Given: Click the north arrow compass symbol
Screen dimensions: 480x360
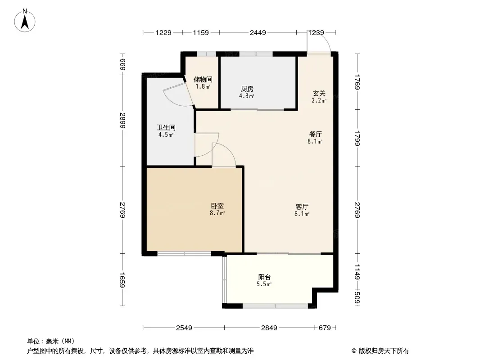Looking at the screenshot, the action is (x=25, y=21).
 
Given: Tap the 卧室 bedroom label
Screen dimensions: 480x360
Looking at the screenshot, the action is (x=217, y=206).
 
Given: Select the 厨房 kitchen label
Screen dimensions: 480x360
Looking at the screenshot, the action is (x=247, y=89).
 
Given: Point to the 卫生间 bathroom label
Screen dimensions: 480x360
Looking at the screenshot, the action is (x=166, y=127).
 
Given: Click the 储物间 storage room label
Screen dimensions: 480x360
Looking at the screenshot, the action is (x=203, y=80).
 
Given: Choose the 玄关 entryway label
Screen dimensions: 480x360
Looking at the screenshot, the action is (x=319, y=93).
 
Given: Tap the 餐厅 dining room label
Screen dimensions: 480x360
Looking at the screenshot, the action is (x=315, y=134).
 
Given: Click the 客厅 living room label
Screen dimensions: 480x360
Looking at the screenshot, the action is (x=302, y=207).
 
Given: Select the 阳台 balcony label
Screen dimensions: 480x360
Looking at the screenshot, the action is (x=264, y=277).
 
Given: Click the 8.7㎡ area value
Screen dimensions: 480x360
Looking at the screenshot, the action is (x=217, y=213).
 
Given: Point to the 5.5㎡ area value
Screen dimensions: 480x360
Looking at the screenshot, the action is (x=264, y=284).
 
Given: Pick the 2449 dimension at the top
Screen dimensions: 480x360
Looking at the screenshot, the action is (x=258, y=32).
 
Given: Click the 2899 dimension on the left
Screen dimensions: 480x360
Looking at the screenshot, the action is (x=123, y=121).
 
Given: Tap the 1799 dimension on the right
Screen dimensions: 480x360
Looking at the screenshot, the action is (x=357, y=138).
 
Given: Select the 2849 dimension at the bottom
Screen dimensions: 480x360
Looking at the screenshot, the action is (x=269, y=328).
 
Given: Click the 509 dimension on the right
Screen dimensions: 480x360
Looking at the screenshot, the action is (x=357, y=297).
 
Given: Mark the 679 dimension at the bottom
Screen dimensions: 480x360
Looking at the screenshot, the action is (x=325, y=328).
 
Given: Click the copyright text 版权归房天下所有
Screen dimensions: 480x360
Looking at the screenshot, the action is (x=384, y=351).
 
